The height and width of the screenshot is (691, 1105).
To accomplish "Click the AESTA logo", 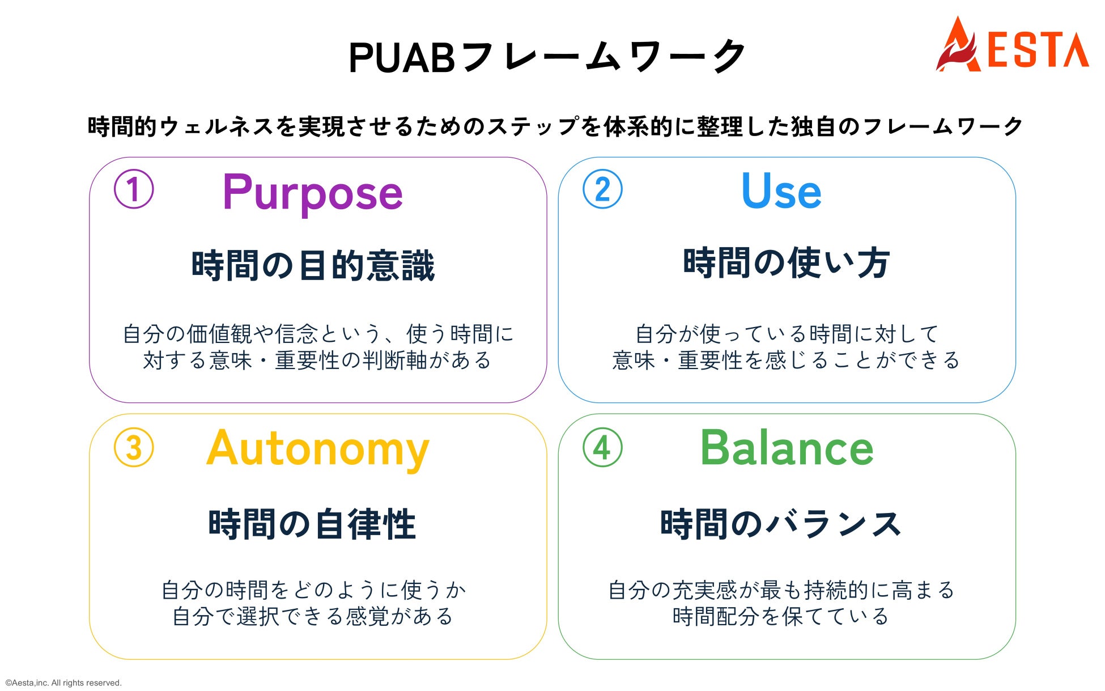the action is (1012, 44).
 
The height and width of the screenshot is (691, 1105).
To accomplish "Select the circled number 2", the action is (602, 189).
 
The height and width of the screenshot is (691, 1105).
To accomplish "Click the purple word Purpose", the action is (313, 194).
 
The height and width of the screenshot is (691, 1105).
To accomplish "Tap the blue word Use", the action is (781, 190).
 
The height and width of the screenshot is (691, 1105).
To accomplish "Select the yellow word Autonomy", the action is (318, 450).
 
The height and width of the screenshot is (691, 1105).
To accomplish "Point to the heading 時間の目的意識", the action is (313, 265).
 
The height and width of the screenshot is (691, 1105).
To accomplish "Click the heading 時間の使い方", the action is (787, 262).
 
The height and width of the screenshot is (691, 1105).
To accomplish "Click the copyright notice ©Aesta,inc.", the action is (63, 682).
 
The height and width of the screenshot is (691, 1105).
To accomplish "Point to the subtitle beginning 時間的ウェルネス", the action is (555, 126).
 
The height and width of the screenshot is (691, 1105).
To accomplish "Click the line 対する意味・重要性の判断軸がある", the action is (317, 360).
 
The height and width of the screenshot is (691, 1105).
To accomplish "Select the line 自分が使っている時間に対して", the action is (787, 334).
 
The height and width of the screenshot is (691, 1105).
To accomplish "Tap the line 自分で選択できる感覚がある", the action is (313, 616).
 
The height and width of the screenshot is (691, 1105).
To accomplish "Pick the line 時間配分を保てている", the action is (781, 616).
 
